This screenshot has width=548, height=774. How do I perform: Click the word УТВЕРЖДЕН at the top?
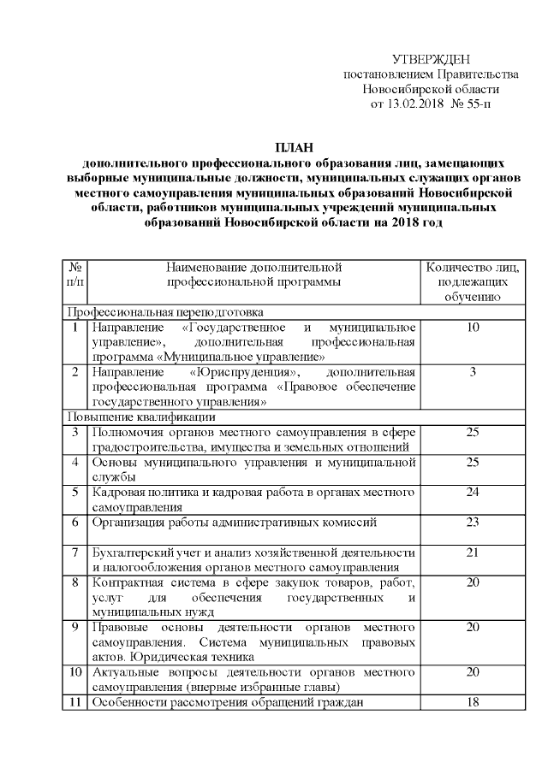(x=432, y=59)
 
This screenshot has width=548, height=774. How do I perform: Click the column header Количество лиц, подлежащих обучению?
(x=472, y=281)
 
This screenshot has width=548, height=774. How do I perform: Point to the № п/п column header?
(x=75, y=274)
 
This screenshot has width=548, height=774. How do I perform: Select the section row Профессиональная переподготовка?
(x=167, y=312)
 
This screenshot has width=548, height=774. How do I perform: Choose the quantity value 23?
(x=472, y=522)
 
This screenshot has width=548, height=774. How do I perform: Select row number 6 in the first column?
(x=75, y=522)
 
